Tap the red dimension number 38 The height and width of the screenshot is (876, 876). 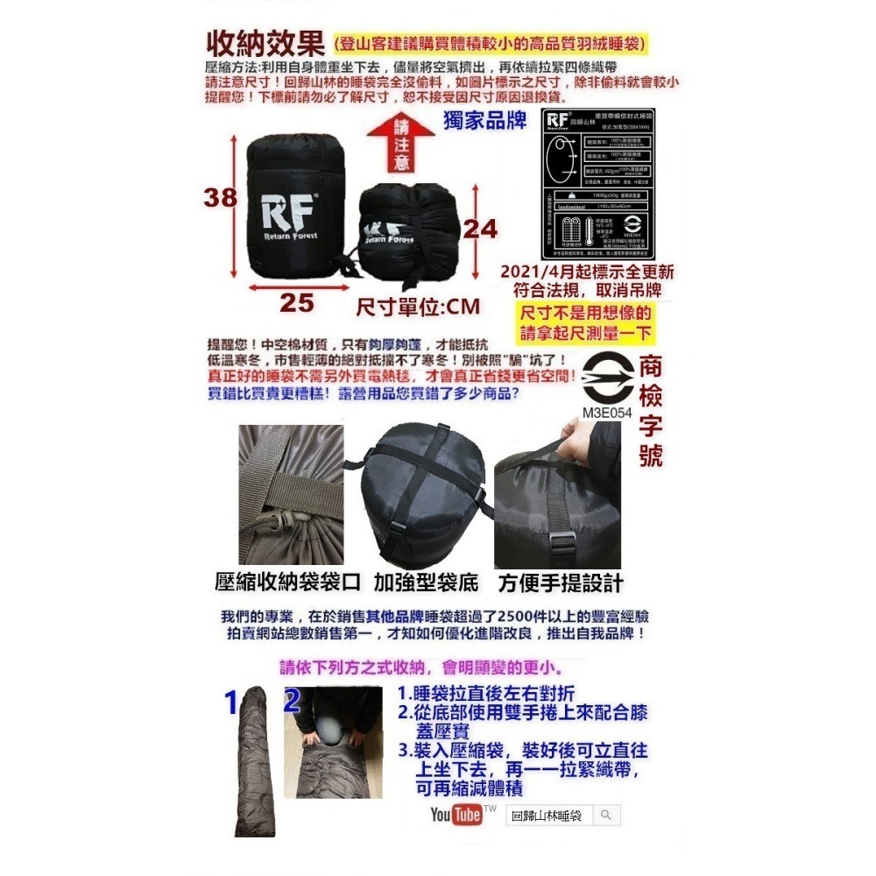click(221, 198)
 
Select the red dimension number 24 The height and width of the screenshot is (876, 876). click(479, 229)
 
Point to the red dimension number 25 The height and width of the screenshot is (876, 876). click(297, 303)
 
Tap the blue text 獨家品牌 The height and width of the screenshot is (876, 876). click(486, 121)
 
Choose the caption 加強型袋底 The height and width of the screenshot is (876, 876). click(427, 583)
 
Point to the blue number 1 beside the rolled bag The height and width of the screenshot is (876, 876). click(231, 702)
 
